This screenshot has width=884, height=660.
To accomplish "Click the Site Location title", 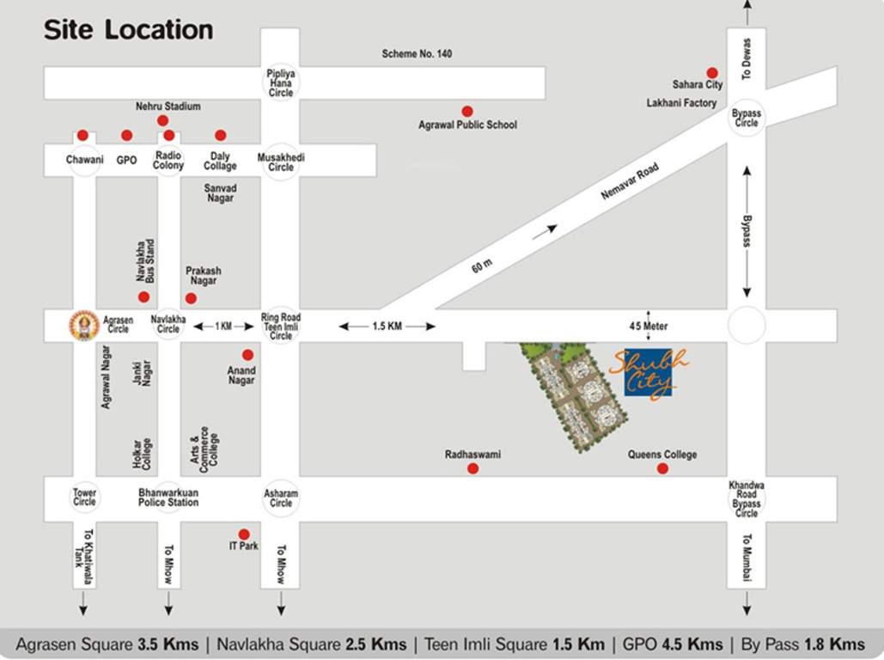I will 128,30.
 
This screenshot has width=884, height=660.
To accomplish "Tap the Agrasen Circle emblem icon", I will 84,325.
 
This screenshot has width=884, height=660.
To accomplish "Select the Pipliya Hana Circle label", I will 281,83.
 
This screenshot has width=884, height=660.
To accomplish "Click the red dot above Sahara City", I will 712,73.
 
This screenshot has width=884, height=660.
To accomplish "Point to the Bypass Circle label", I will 747,119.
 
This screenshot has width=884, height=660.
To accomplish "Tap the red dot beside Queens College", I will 662,468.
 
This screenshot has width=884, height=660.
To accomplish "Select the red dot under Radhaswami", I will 472,468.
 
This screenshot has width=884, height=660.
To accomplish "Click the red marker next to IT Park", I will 244,535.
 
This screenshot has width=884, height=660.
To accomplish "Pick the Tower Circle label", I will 84,497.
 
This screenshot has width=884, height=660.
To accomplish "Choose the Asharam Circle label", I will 281,498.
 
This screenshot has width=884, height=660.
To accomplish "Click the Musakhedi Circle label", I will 281,162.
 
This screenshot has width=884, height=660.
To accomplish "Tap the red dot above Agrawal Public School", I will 467,112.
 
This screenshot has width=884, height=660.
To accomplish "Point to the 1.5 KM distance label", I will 387,327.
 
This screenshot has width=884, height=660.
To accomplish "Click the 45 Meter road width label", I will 648,327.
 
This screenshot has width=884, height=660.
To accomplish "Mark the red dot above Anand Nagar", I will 247,355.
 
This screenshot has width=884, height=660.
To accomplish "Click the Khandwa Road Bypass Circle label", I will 747,498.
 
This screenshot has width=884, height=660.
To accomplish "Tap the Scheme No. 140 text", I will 418,54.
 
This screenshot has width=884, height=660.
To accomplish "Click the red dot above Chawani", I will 82,135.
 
